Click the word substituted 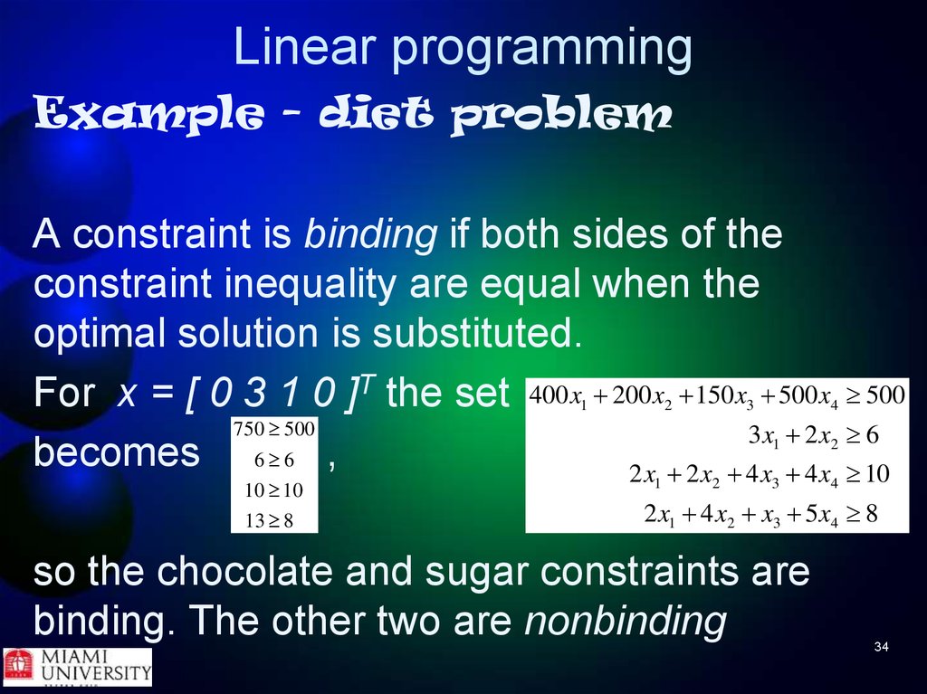(477, 333)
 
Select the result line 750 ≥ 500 (274, 429)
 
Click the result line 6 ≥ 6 (274, 460)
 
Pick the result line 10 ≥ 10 (274, 490)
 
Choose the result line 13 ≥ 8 (270, 521)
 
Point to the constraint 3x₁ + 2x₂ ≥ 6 (814, 436)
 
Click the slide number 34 (882, 647)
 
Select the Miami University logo (78, 668)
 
